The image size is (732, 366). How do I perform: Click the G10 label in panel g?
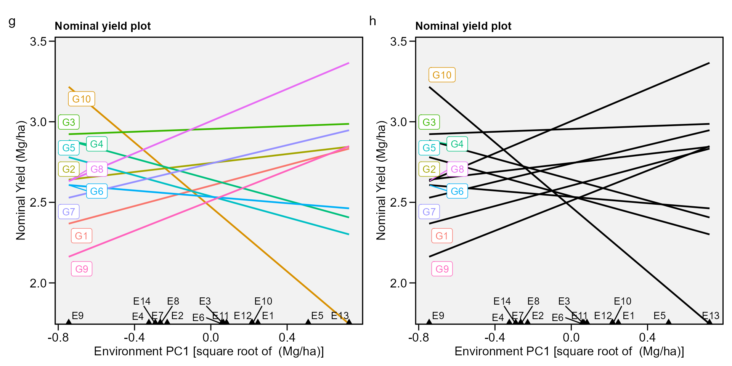(x=81, y=99)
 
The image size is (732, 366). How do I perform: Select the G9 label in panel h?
(x=442, y=269)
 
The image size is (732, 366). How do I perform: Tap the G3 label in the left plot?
(x=69, y=122)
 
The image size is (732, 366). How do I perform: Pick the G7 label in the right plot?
(x=429, y=212)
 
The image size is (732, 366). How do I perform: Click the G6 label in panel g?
(x=97, y=191)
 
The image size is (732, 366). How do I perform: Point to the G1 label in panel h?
(x=442, y=236)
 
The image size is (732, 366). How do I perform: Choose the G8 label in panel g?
(x=97, y=169)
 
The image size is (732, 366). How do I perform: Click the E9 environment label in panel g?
(x=78, y=316)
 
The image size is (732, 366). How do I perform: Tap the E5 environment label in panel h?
(x=660, y=316)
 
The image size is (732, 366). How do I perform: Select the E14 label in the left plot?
(x=142, y=301)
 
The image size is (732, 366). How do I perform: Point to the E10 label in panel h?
(x=623, y=301)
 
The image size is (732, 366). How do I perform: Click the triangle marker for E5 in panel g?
(x=308, y=322)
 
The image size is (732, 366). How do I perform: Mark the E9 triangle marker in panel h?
(x=429, y=322)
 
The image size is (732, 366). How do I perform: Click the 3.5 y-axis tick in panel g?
(x=38, y=41)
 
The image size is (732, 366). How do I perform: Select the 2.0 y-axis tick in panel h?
(x=398, y=283)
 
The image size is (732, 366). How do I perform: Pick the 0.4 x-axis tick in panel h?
(x=647, y=337)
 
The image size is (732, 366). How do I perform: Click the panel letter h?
(x=372, y=21)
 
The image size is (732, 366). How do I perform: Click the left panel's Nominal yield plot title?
(x=103, y=26)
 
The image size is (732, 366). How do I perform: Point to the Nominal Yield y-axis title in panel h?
(x=381, y=180)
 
